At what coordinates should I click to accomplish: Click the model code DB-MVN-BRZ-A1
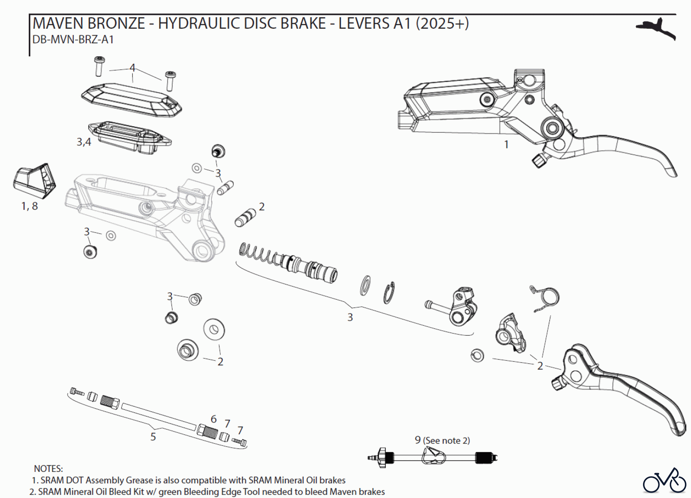[x=73, y=40]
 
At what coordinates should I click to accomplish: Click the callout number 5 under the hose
[x=153, y=437]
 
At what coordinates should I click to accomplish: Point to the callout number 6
[x=213, y=419]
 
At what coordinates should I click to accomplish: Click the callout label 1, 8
[x=30, y=206]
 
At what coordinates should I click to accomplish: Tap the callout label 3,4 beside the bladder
[x=84, y=142]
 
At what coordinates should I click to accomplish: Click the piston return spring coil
[x=257, y=253]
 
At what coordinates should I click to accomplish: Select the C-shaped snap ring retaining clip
[x=389, y=293]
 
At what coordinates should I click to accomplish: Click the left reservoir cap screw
[x=99, y=67]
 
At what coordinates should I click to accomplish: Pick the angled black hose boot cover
[x=35, y=180]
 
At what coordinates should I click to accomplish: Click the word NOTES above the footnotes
[x=48, y=468]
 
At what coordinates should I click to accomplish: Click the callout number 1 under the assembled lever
[x=506, y=144]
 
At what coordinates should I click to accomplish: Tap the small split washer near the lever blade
[x=477, y=355]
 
